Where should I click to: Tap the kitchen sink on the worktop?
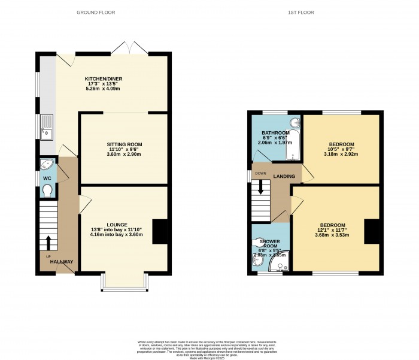[x=46, y=127]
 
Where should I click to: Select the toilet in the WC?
[x=47, y=190]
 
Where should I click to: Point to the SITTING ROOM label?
[x=125, y=145]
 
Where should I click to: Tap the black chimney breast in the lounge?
[x=159, y=232]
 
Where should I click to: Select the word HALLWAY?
[x=62, y=262]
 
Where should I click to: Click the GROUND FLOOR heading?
[x=97, y=13]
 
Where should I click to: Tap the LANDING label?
[x=283, y=176]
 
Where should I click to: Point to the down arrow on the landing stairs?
[x=261, y=189]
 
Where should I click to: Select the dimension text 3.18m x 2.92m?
[x=341, y=153]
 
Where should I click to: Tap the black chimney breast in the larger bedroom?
[x=372, y=232]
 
